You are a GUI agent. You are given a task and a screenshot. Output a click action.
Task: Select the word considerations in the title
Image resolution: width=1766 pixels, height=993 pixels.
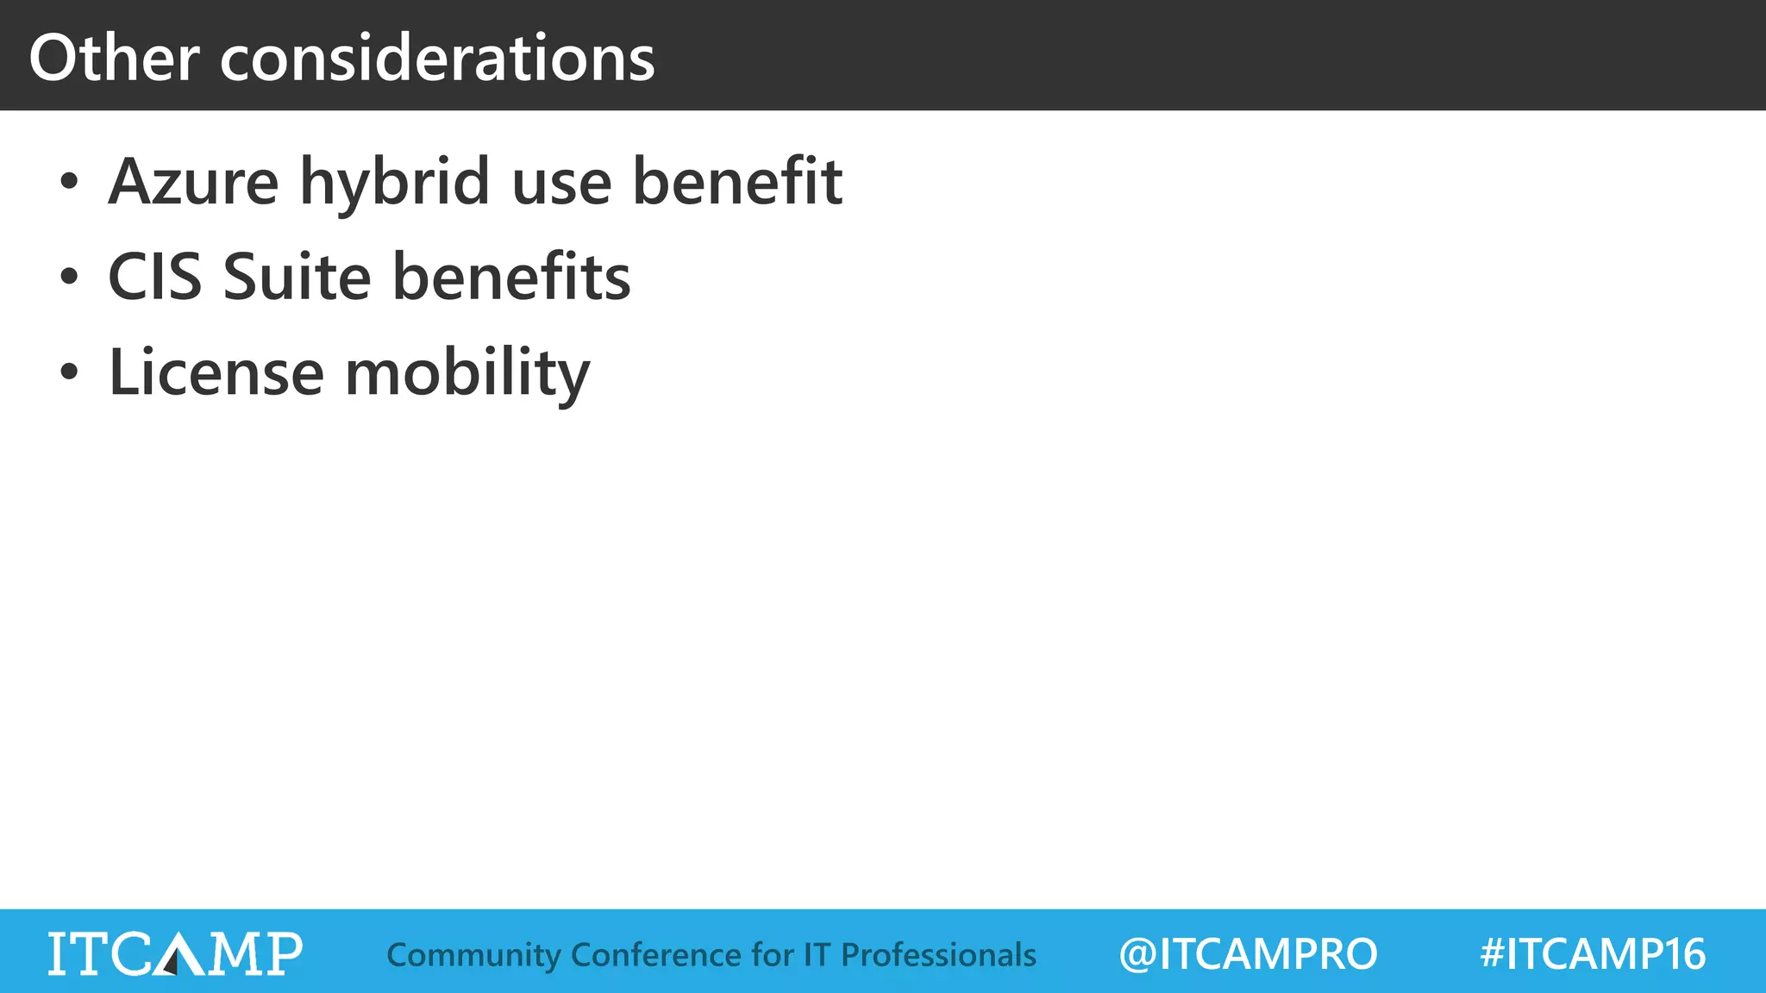pos(437,58)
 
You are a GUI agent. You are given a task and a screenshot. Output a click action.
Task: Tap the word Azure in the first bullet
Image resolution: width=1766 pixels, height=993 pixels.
pos(193,182)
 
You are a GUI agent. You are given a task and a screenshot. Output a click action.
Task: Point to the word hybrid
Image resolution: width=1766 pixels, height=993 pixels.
pos(395,184)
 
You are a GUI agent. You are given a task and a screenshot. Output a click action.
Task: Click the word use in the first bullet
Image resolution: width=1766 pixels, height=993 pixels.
pos(561,184)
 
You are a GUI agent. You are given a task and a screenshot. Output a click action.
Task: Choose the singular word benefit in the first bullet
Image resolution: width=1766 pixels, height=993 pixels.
pos(737,182)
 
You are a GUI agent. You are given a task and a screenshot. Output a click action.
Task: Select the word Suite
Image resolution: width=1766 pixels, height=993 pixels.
pos(297,278)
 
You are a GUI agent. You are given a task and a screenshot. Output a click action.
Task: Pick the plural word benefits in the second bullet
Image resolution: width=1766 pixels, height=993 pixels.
pos(511,278)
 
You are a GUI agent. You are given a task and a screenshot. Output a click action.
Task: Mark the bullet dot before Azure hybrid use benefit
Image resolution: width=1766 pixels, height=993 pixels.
pos(69,184)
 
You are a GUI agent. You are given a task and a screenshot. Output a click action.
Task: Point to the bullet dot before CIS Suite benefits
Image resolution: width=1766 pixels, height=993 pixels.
pos(69,278)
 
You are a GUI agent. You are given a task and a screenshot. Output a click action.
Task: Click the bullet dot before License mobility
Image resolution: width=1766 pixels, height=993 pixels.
pos(69,373)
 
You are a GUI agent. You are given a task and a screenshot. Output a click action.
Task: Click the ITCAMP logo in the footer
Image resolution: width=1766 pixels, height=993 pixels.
pos(175,953)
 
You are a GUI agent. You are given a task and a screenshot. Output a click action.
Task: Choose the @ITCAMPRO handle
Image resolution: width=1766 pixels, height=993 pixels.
pos(1248,954)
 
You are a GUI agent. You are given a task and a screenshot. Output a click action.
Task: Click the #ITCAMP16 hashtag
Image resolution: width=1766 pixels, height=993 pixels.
pos(1592,954)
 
